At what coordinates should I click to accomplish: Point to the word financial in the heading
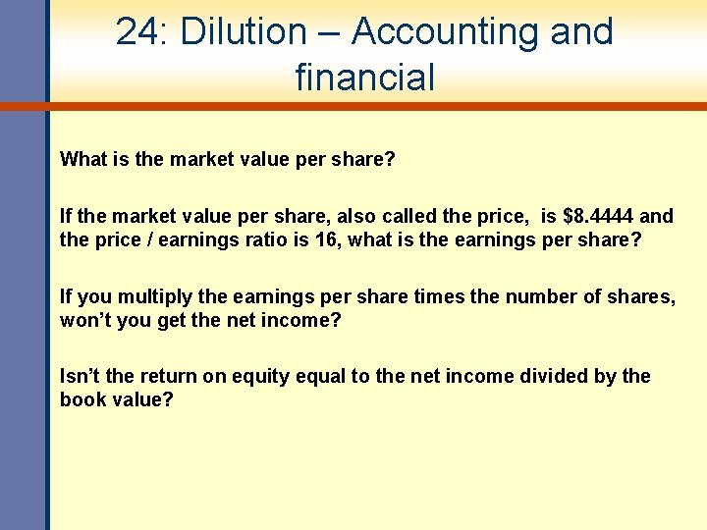pyautogui.click(x=364, y=77)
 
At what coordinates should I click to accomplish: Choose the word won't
pyautogui.click(x=82, y=321)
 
